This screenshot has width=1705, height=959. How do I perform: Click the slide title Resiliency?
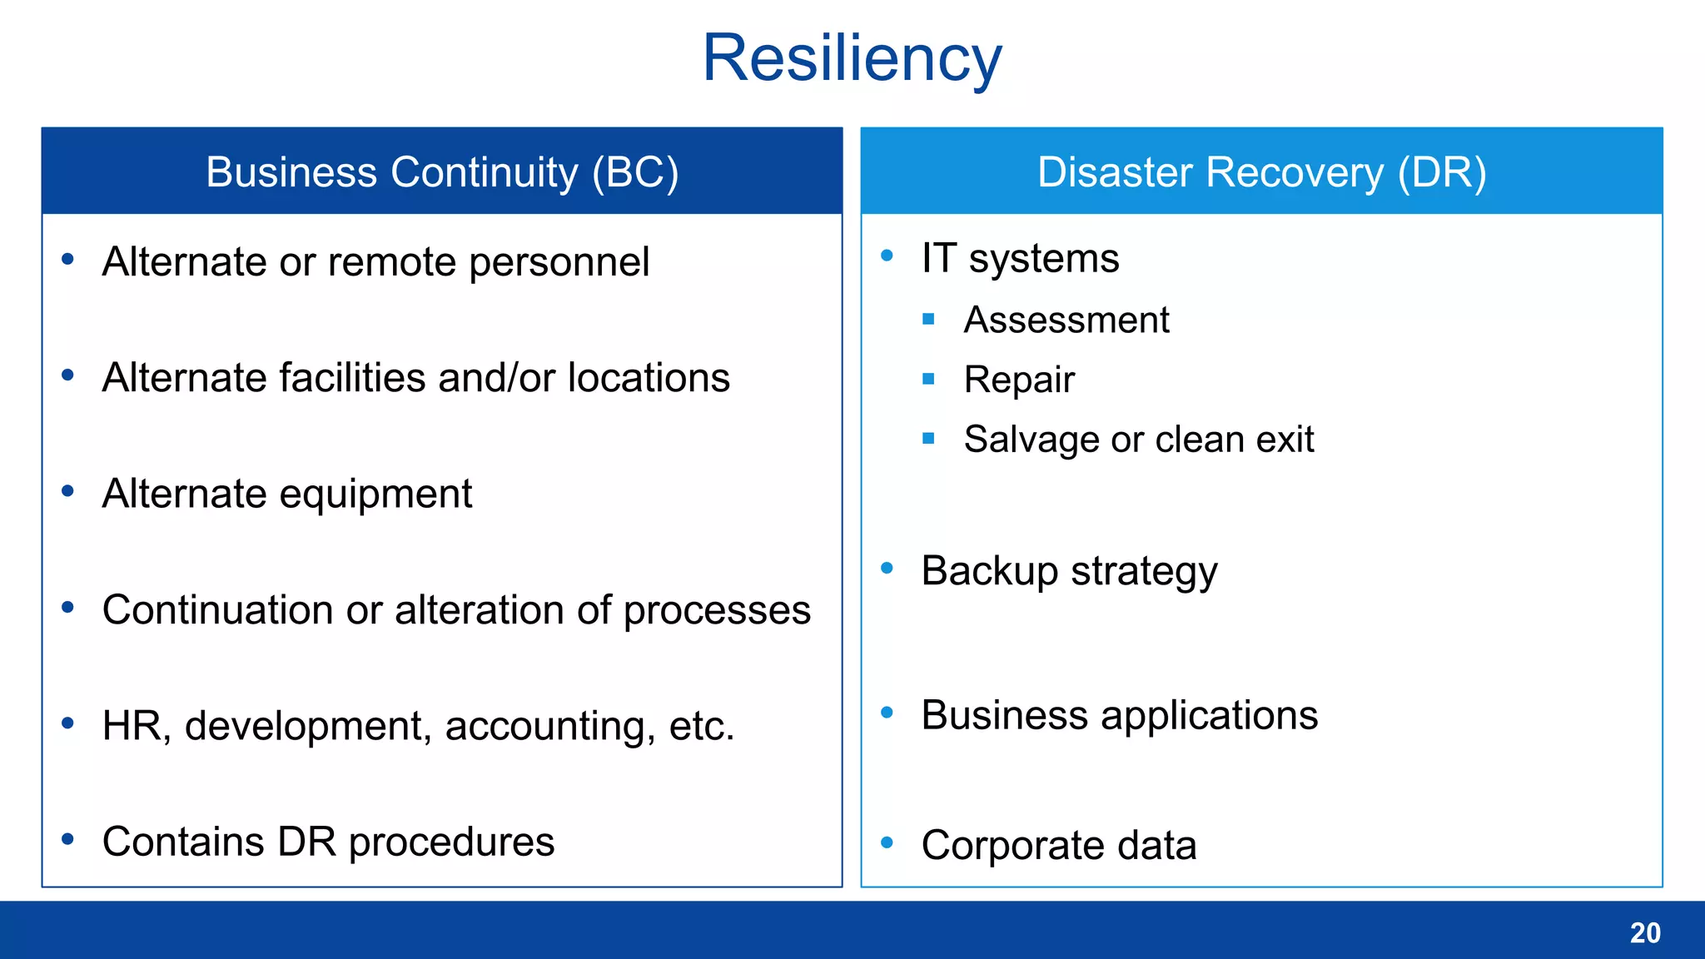pos(852,58)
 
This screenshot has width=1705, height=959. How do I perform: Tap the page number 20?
pos(1644,932)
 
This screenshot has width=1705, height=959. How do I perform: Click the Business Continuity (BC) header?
pos(442,172)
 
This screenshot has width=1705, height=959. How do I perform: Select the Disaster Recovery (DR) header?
pos(1261,172)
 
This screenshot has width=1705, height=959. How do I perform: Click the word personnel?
pos(559,263)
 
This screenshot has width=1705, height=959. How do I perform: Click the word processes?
pos(717,611)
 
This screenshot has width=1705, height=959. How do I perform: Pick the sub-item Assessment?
pos(1066,320)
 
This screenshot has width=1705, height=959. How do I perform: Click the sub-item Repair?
pos(1019,380)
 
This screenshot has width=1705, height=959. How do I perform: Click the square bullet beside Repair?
pos(929,380)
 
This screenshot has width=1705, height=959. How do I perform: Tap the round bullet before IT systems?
pos(887,256)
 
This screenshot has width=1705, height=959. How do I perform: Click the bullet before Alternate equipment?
pos(68,491)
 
